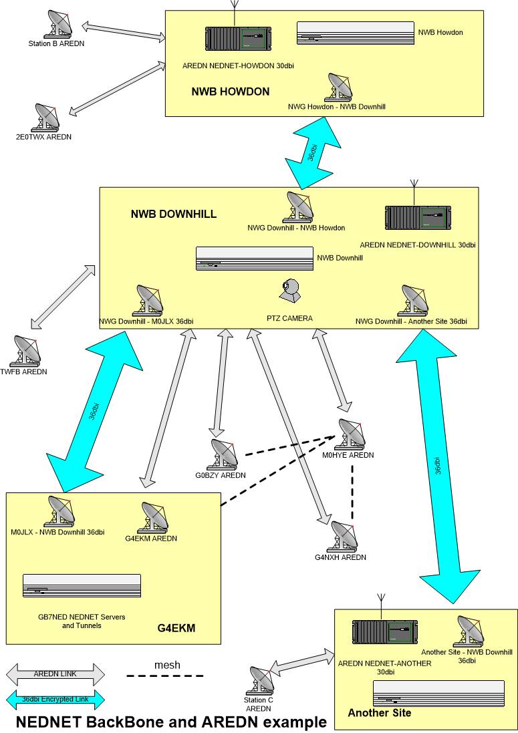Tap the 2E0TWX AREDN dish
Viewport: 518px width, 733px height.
tap(49, 118)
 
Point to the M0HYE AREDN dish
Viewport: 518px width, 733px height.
tap(351, 434)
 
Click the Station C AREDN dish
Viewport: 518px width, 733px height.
tap(260, 680)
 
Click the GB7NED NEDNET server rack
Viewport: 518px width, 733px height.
tap(82, 585)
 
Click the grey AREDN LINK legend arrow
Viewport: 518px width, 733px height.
tap(55, 674)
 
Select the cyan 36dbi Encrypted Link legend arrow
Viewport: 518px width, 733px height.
tap(55, 699)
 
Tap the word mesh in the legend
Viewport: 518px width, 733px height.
tap(167, 665)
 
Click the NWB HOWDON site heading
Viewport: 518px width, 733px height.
tap(231, 92)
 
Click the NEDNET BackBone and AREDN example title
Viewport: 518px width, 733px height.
tap(171, 722)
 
